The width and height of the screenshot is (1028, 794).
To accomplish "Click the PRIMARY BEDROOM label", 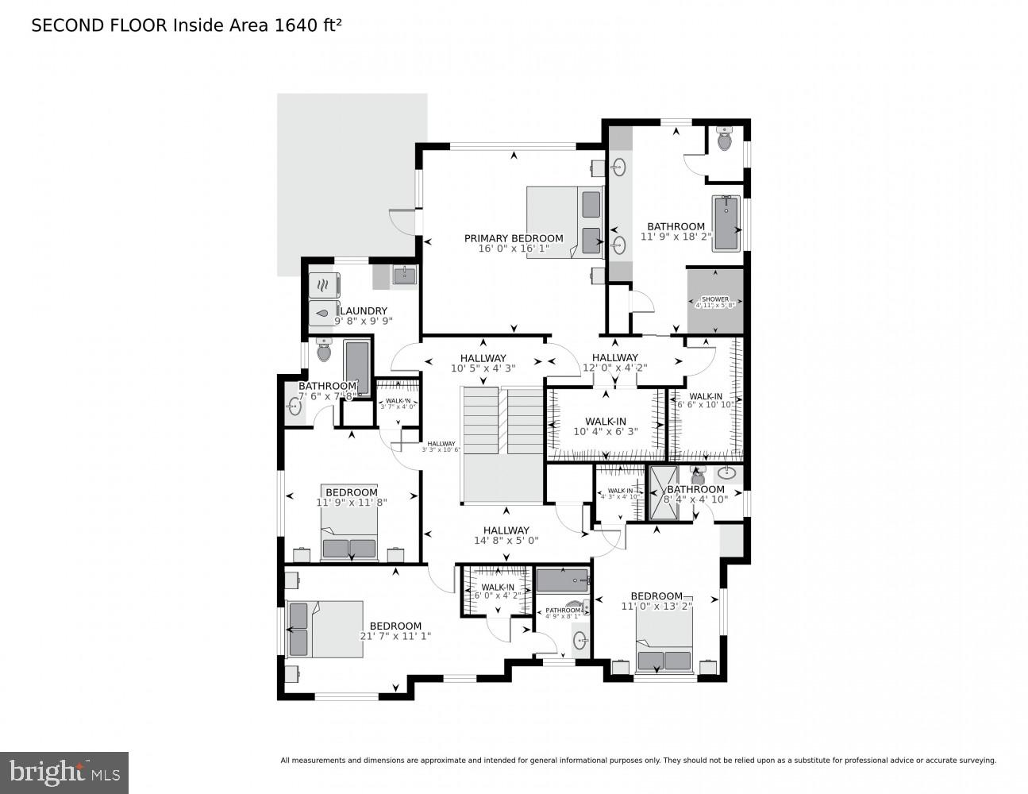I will (x=514, y=238).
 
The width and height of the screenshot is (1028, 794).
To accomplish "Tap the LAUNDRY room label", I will (x=364, y=310).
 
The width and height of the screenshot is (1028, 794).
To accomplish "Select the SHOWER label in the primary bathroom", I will (x=715, y=299).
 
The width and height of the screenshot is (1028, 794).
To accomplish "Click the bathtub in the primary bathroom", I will (x=726, y=224).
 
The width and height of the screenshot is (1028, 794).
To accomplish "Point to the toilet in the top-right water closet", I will (x=724, y=140).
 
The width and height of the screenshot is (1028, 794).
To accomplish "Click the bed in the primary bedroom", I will (x=565, y=222).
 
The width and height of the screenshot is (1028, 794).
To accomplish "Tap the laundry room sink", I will (x=403, y=276).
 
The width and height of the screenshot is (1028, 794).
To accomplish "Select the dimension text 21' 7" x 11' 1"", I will (x=395, y=636).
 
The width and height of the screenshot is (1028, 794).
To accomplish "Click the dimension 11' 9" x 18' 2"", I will (x=676, y=237).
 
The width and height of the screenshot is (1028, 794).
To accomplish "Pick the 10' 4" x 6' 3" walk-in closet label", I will (x=606, y=432).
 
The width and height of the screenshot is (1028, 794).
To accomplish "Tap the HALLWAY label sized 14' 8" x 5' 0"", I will (x=506, y=530).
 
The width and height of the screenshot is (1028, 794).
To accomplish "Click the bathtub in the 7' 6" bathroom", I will (x=357, y=368).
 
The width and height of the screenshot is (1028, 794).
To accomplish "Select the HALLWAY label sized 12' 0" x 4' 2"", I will (x=614, y=358).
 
